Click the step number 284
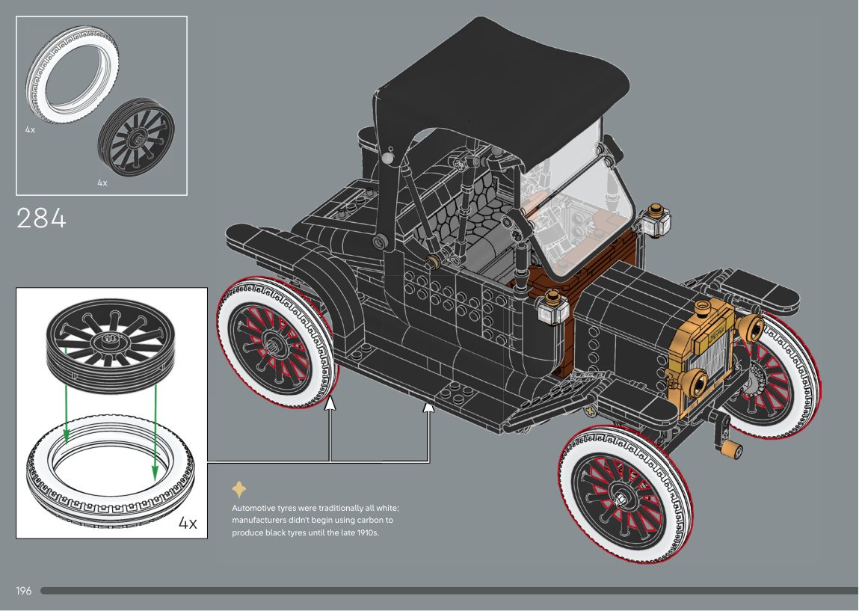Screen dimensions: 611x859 click(x=41, y=218)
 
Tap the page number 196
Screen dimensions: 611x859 click(x=23, y=591)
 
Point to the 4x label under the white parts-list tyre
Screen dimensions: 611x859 click(x=30, y=129)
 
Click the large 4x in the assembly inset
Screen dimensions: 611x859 click(x=188, y=523)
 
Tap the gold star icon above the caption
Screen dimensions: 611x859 click(x=239, y=490)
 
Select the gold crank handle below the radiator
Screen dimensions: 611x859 click(x=733, y=449)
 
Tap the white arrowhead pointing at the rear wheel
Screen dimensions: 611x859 click(x=330, y=405)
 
